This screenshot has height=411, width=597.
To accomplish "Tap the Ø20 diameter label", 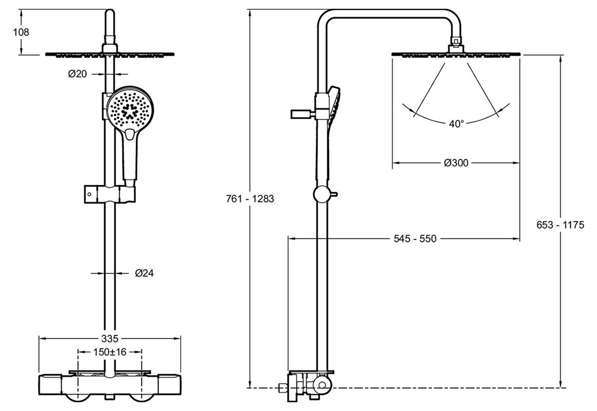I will (x=77, y=74).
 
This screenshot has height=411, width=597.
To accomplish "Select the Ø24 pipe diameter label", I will (x=145, y=273).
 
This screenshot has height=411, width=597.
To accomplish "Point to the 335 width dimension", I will (x=110, y=338).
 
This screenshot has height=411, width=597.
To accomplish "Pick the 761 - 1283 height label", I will (x=250, y=199).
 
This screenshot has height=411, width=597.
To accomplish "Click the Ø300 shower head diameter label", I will (x=455, y=163).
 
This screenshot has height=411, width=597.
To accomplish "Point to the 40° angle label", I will (x=455, y=123).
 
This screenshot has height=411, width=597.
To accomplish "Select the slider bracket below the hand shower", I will (x=110, y=195).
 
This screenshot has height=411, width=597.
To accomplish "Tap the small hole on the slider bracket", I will (x=90, y=195).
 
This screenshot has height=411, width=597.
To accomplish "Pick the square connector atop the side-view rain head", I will (x=455, y=42).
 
